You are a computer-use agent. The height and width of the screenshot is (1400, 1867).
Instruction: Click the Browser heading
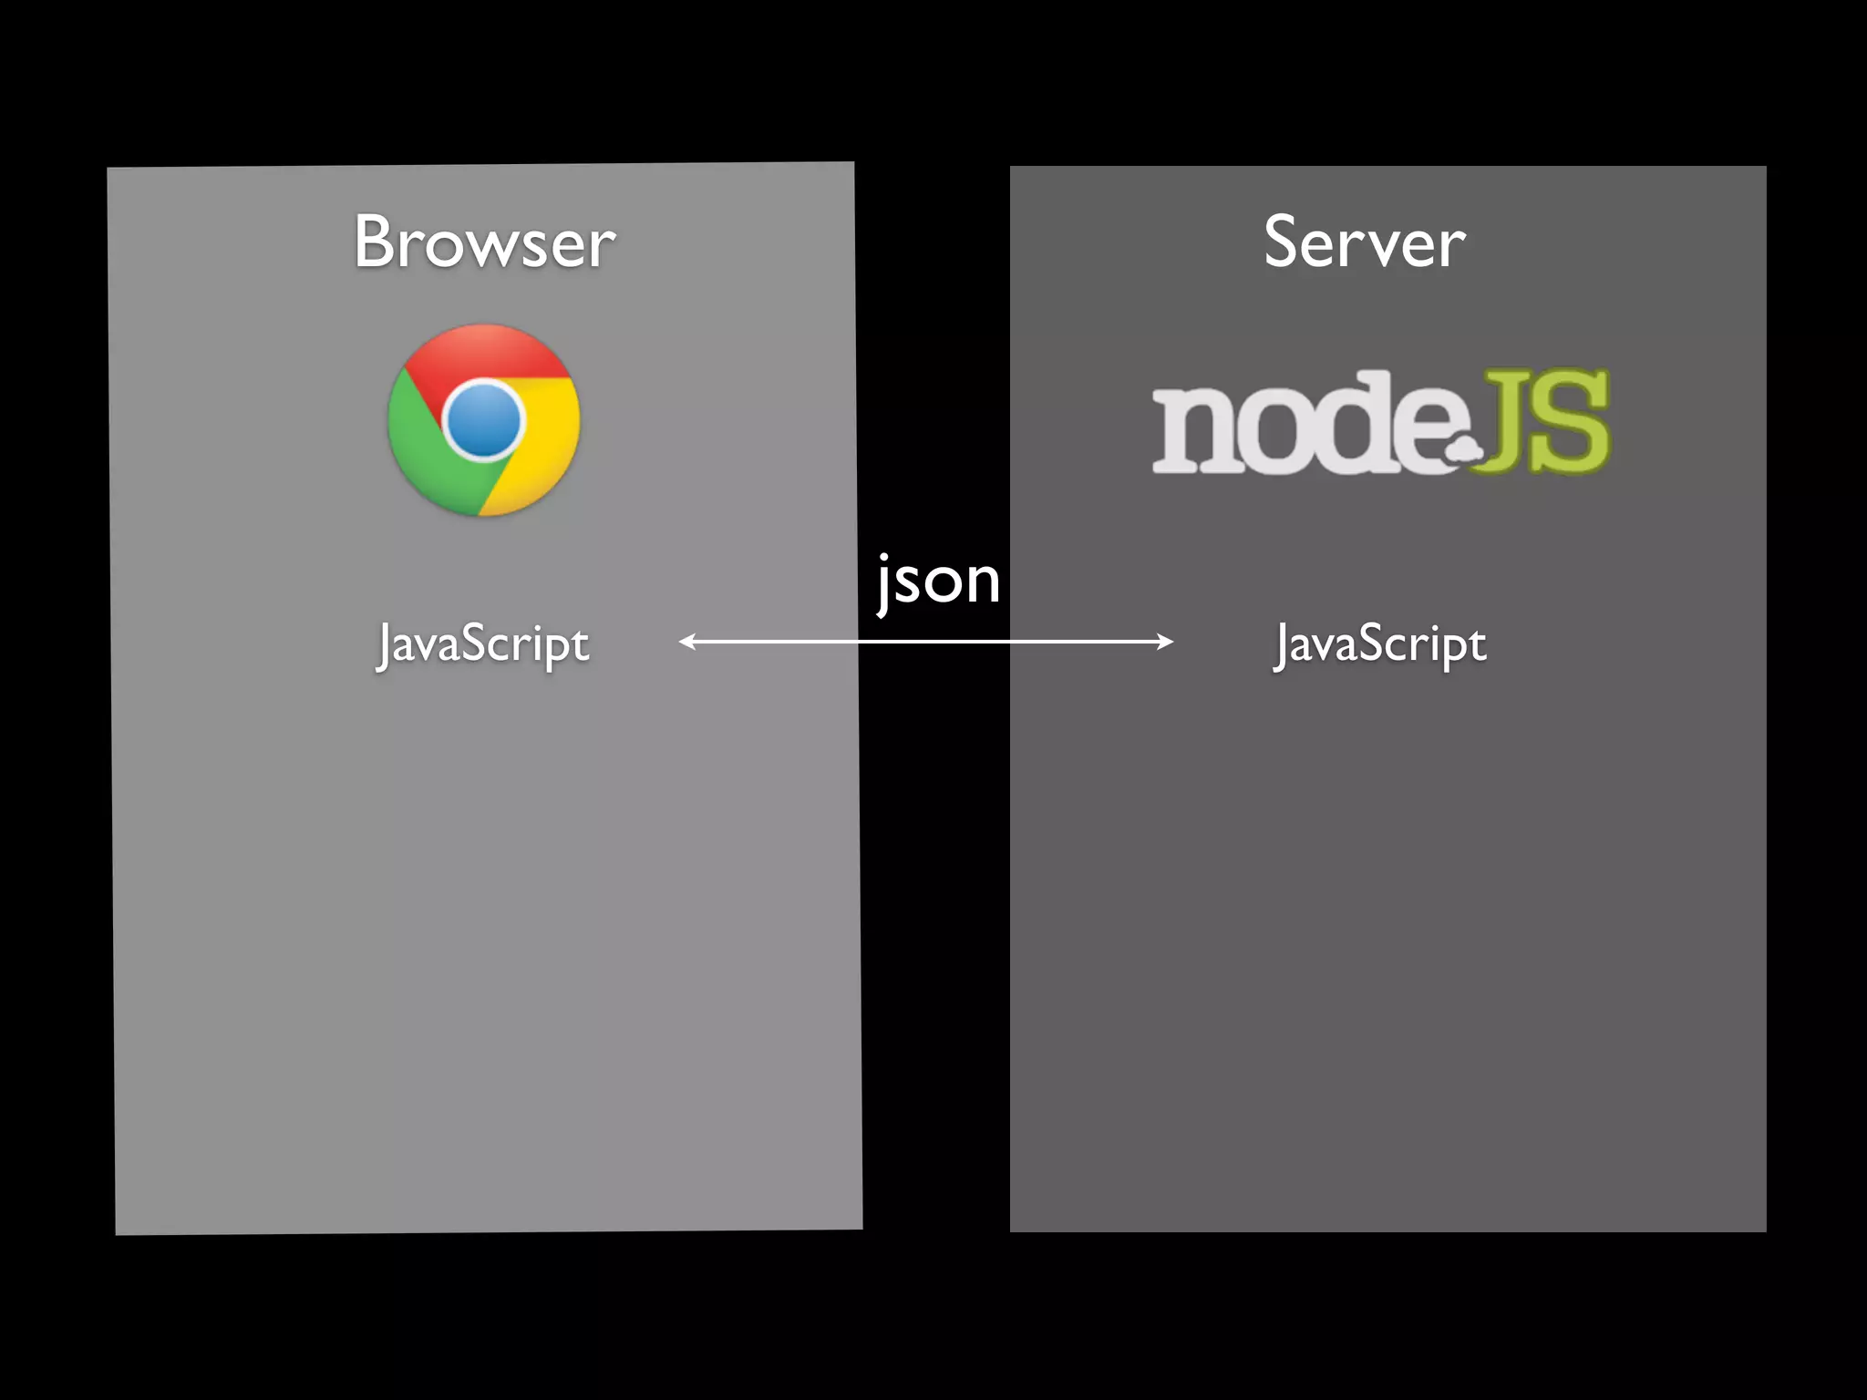[484, 242]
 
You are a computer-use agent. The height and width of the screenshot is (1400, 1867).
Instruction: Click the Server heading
[1364, 242]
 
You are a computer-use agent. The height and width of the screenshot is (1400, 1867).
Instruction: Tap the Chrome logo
[483, 420]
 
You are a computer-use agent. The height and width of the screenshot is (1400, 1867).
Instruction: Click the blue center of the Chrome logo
[483, 420]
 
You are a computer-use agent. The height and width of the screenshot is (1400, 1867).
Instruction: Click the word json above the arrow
[938, 582]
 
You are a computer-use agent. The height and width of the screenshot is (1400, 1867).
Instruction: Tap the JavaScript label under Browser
[483, 644]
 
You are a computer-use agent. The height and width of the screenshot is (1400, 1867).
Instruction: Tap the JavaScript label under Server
[1380, 644]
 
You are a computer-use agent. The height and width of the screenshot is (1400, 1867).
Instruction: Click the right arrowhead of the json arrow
[1166, 642]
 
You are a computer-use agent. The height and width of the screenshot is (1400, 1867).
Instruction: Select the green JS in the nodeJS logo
[1546, 421]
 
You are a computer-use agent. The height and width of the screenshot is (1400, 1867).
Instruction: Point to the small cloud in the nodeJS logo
[1463, 449]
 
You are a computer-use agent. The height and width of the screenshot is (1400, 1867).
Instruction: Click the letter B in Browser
[376, 242]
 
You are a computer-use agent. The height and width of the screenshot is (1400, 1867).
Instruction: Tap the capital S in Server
[1281, 242]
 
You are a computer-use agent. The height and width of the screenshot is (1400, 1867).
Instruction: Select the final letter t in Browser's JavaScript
[581, 645]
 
